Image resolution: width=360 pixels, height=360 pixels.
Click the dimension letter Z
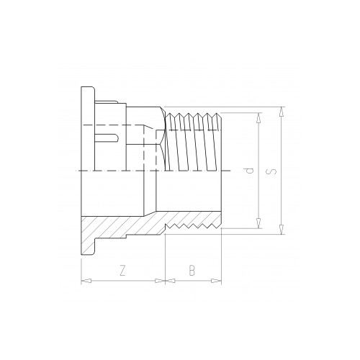coord(122,271)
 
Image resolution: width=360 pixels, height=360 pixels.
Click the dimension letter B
coord(192,271)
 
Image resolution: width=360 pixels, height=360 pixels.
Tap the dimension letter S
coord(271,171)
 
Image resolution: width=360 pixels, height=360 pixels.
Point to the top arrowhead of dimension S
coord(282,112)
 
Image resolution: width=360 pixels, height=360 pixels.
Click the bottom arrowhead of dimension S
coord(282,229)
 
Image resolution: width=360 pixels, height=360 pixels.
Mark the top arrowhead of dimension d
coord(258,117)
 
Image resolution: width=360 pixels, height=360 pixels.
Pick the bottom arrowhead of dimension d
coord(258,223)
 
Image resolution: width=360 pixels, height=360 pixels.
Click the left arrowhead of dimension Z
coord(86,281)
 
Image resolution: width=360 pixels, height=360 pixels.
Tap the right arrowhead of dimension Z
coord(161,281)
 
